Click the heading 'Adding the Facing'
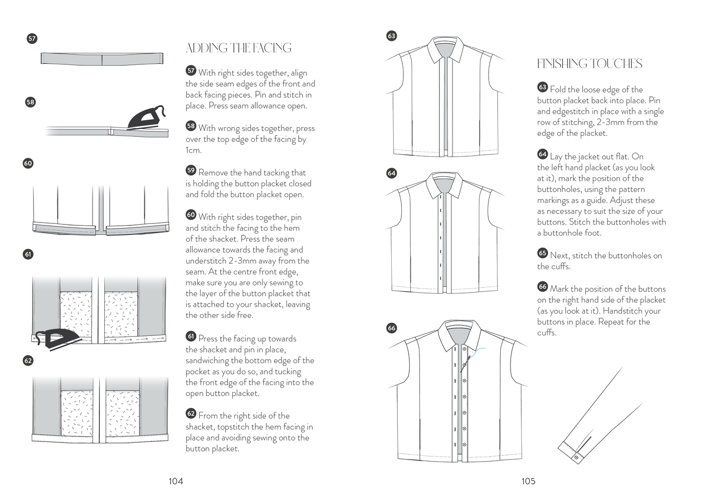238,48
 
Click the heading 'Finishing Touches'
590,64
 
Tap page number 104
175,481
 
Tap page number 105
528,481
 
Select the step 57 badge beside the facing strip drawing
32,39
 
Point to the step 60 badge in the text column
191,215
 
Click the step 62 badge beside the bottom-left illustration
28,360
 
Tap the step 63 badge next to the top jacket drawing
392,36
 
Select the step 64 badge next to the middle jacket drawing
392,173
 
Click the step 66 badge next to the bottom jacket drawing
392,328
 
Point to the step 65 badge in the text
542,253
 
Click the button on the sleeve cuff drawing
576,457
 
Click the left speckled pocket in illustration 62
78,412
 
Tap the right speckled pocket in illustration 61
122,314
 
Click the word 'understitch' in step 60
206,261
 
